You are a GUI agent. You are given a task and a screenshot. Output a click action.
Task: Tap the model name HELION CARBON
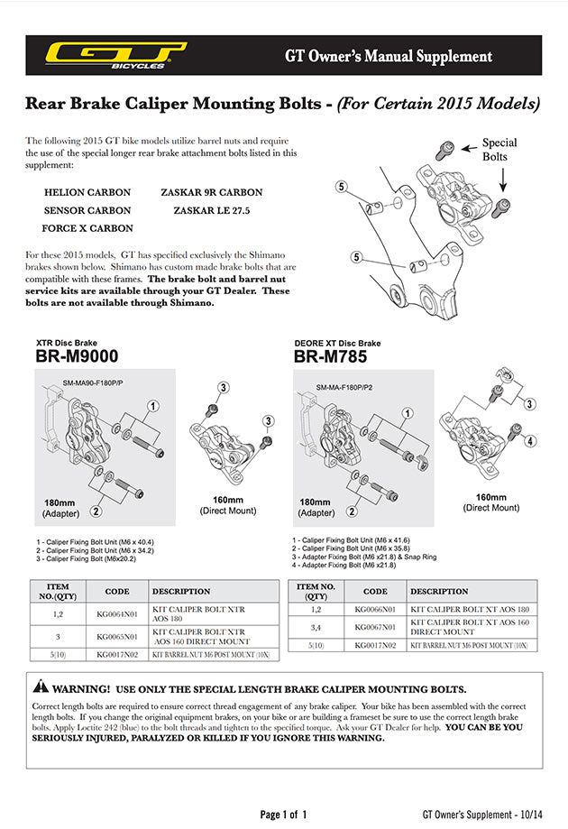pyautogui.click(x=87, y=192)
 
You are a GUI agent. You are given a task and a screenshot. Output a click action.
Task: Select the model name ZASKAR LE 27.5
pyautogui.click(x=211, y=210)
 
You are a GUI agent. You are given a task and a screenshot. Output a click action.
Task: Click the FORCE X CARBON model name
pyautogui.click(x=88, y=228)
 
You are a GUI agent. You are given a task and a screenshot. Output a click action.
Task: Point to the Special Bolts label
pyautogui.click(x=499, y=149)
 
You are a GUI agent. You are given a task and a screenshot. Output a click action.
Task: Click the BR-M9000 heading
pyautogui.click(x=78, y=356)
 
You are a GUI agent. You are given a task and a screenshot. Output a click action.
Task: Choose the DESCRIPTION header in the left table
pyautogui.click(x=181, y=592)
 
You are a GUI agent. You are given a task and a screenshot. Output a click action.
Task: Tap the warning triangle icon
pyautogui.click(x=41, y=688)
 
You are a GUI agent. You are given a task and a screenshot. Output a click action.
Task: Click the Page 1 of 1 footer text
pyautogui.click(x=283, y=815)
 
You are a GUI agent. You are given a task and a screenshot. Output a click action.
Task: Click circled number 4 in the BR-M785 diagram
pyautogui.click(x=530, y=440)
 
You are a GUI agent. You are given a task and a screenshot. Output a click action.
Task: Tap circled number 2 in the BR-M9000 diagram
pyautogui.click(x=96, y=511)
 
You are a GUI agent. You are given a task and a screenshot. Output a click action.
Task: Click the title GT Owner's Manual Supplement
pyautogui.click(x=389, y=56)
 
